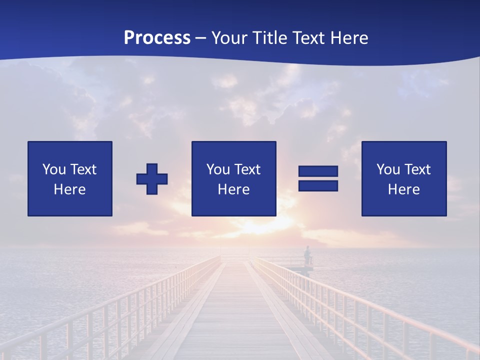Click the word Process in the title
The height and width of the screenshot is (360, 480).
point(157,38)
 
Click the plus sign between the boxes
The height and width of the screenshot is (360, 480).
point(152,178)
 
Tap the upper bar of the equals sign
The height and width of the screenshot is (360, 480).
point(318,171)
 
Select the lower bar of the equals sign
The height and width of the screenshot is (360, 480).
point(318,185)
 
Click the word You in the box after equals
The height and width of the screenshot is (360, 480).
point(388,169)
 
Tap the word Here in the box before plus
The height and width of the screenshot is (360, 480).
point(70,189)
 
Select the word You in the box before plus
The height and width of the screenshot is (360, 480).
point(54,169)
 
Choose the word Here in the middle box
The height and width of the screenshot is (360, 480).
point(233,189)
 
